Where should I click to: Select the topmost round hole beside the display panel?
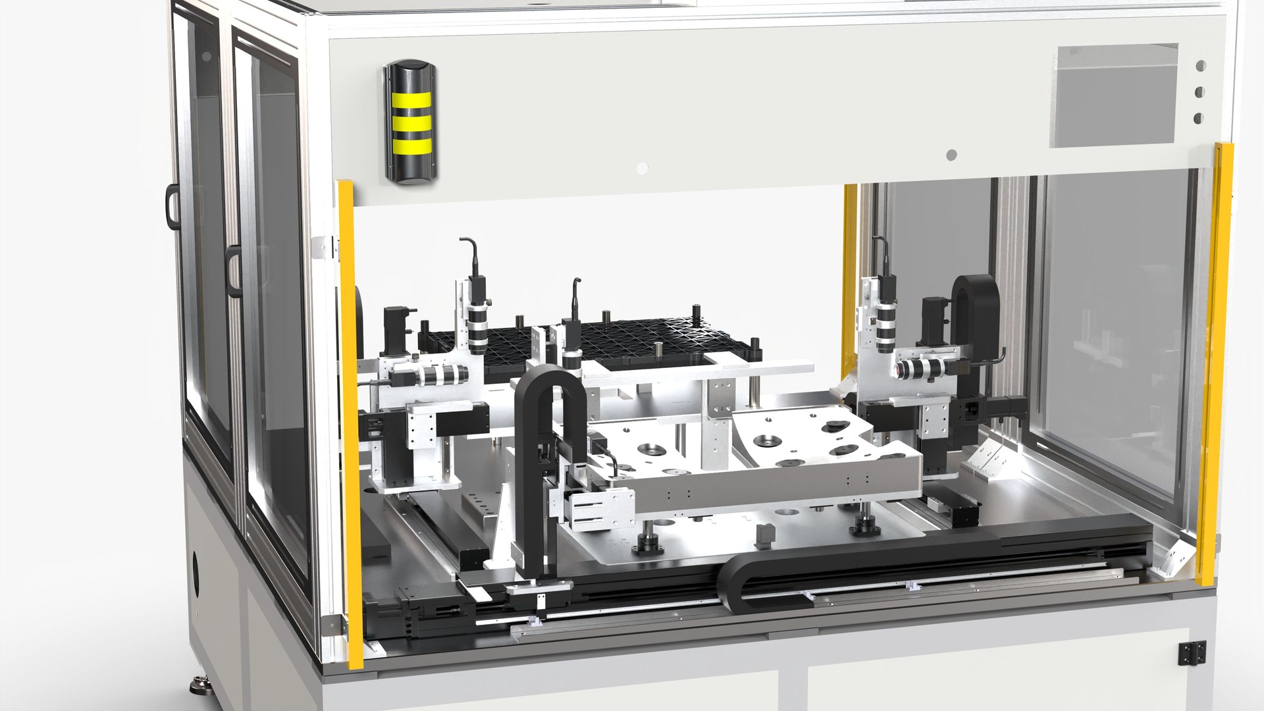pos(1200,66)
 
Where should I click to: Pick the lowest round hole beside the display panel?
pos(1199,118)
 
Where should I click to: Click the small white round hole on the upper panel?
pos(642,169)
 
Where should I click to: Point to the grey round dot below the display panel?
pos(951,155)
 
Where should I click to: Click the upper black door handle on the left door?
pos(172,206)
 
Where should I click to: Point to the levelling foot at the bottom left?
pos(199,686)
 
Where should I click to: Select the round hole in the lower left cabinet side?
pos(196,566)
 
